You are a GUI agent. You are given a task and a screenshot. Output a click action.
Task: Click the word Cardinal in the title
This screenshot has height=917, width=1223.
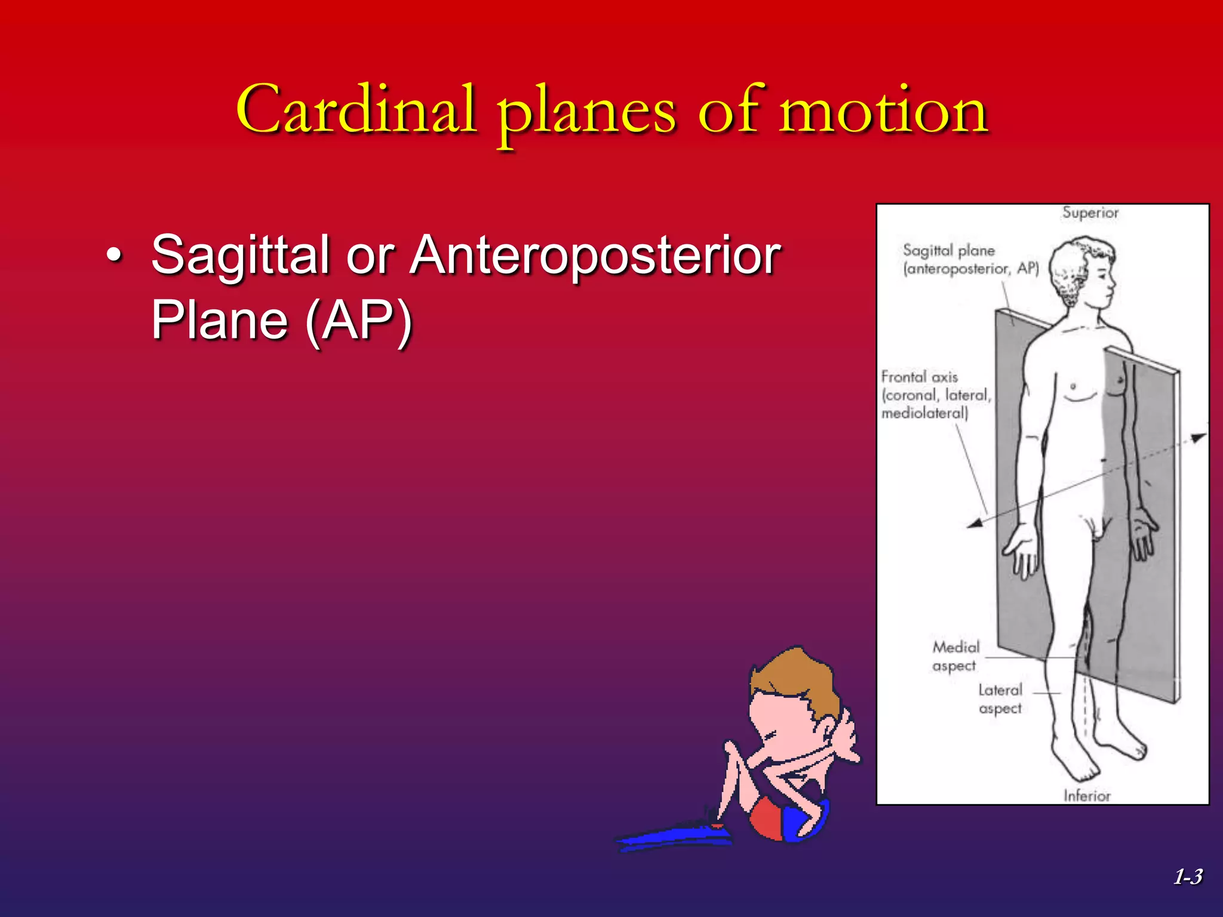(x=357, y=110)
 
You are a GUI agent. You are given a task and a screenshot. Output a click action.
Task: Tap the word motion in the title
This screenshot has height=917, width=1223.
(x=884, y=110)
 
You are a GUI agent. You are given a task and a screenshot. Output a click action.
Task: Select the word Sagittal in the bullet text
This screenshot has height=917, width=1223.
(x=239, y=256)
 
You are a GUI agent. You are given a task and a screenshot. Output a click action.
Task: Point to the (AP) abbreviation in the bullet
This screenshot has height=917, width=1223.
(x=358, y=321)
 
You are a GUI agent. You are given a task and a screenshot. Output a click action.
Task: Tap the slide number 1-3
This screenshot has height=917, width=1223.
(x=1188, y=876)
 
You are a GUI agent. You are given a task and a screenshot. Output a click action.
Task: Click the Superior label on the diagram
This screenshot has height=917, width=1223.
(x=1090, y=213)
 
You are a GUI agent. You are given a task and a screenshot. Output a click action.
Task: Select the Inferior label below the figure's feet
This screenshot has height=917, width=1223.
(x=1086, y=795)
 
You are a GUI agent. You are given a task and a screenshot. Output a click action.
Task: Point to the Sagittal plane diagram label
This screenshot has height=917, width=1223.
(x=970, y=259)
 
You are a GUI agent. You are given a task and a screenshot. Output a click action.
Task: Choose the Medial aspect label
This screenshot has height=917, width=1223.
(x=955, y=656)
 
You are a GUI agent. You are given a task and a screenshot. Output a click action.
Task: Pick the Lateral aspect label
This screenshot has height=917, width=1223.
(x=1000, y=698)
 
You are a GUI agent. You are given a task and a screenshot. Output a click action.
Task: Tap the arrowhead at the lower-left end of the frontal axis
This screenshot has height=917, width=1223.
(x=975, y=524)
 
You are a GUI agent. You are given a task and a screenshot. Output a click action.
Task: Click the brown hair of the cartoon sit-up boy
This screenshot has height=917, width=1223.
(x=800, y=681)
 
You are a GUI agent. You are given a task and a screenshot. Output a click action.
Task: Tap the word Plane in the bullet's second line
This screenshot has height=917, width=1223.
(x=220, y=321)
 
